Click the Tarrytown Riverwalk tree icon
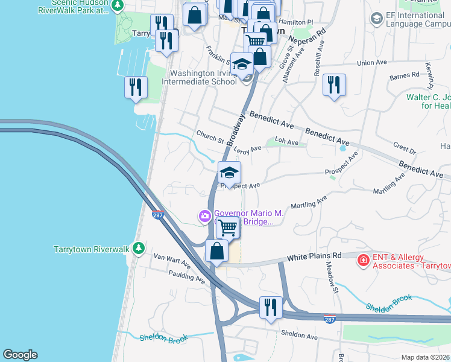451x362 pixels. click(x=139, y=249)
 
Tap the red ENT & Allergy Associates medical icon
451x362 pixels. click(x=363, y=260)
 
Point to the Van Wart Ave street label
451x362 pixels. click(x=172, y=263)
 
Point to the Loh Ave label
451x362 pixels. click(x=286, y=142)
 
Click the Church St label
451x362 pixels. click(x=210, y=138)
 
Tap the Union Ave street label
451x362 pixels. click(x=371, y=63)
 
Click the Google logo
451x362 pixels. click(x=20, y=355)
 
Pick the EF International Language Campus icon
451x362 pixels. click(x=377, y=19)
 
